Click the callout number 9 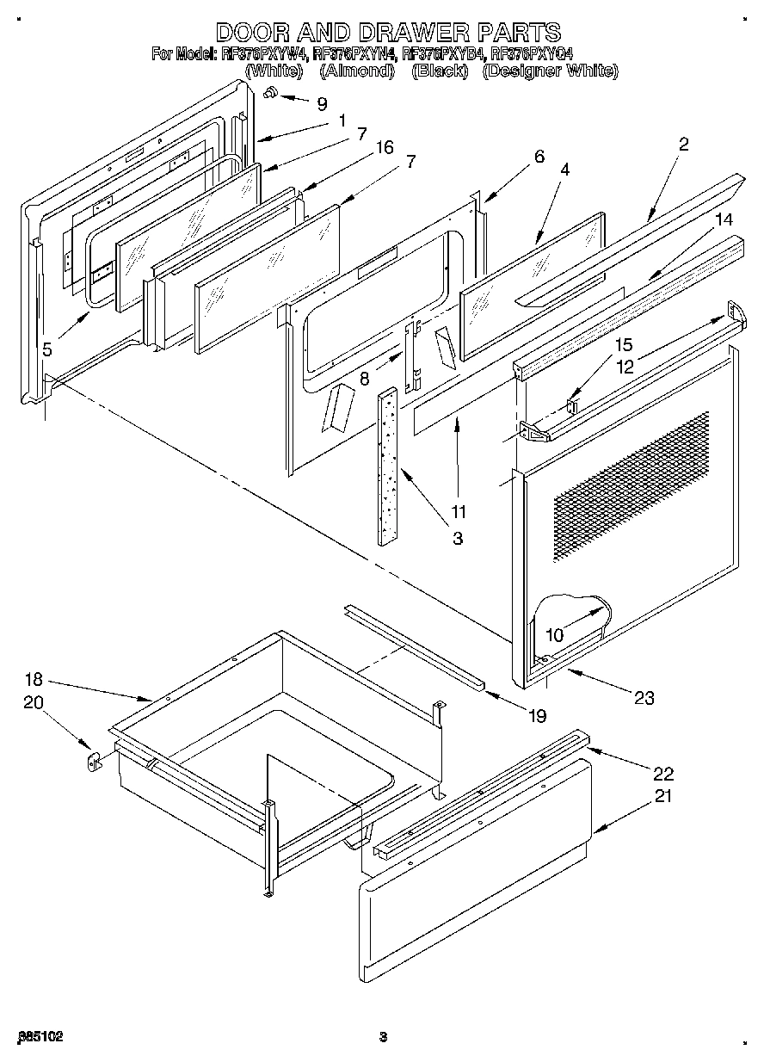[x=322, y=103]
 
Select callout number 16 [x=384, y=148]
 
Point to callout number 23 [x=643, y=698]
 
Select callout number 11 [x=458, y=511]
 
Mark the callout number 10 [x=554, y=635]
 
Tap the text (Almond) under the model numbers [x=355, y=71]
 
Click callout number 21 [x=662, y=796]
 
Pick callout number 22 [x=662, y=772]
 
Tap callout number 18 [x=33, y=678]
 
